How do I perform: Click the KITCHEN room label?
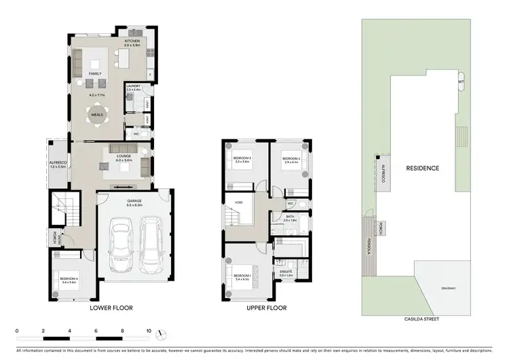pyautogui.click(x=132, y=41)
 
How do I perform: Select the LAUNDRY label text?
pyautogui.click(x=132, y=86)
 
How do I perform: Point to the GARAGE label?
pyautogui.click(x=134, y=201)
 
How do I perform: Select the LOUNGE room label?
pyautogui.click(x=123, y=156)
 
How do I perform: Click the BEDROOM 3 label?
pyautogui.click(x=242, y=159)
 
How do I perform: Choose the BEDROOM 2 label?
pyautogui.click(x=290, y=159)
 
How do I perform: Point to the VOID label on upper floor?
pyautogui.click(x=238, y=202)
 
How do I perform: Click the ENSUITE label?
pyautogui.click(x=286, y=271)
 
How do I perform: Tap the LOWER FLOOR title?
pyautogui.click(x=111, y=308)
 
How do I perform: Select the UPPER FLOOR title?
pyautogui.click(x=267, y=308)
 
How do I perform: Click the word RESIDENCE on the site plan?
pyautogui.click(x=422, y=168)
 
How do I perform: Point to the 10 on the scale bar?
pyautogui.click(x=149, y=331)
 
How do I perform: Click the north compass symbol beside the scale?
pyautogui.click(x=162, y=335)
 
